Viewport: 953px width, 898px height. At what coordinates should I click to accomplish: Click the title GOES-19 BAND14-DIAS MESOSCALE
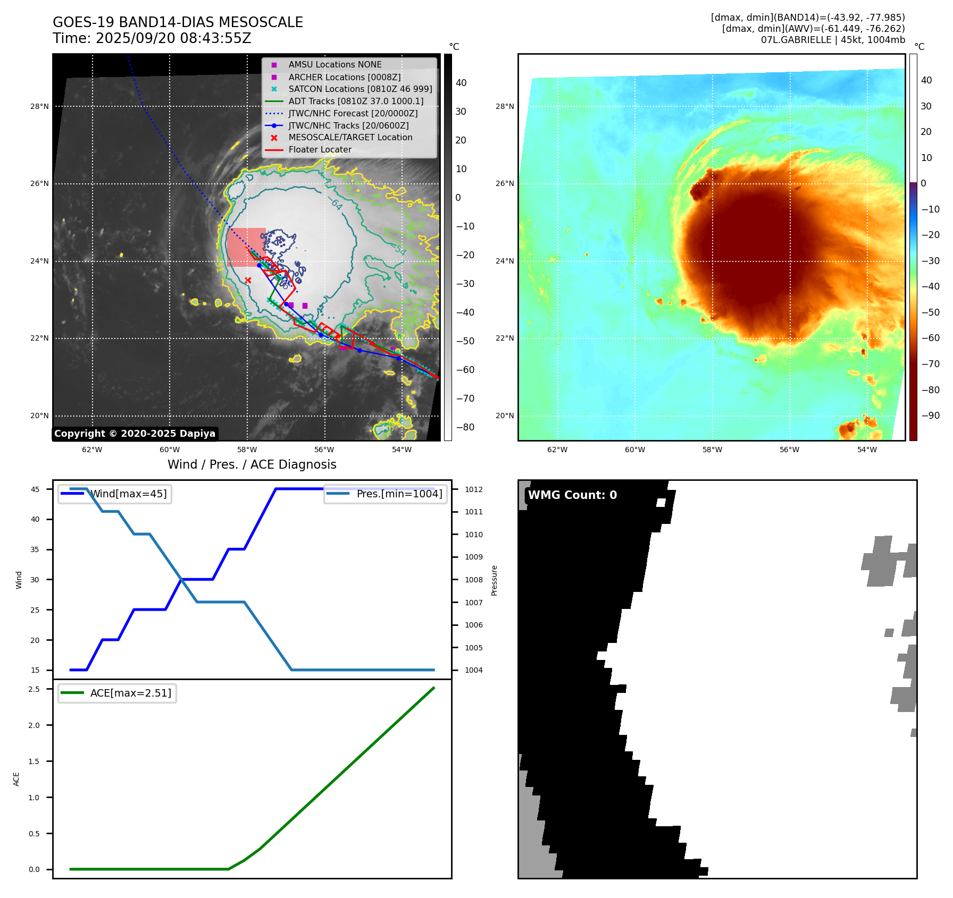coord(178,22)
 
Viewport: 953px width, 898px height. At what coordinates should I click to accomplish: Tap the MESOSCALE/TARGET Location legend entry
coord(350,137)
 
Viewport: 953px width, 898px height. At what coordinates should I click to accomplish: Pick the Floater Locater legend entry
coord(320,149)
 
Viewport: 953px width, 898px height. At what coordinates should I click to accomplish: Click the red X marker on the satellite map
coord(248,280)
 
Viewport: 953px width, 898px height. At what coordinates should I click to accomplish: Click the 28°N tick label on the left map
coord(39,106)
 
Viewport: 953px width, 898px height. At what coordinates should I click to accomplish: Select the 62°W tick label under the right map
coord(557,450)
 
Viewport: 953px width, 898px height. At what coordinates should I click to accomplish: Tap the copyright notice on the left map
coord(135,434)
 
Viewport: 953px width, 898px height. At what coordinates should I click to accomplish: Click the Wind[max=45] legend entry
coord(128,494)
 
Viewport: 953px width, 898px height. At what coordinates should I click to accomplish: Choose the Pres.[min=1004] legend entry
coord(399,494)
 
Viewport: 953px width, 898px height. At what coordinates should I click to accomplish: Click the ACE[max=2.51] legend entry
coord(130,693)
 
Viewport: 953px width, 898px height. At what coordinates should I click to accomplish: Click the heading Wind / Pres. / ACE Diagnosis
coord(252,464)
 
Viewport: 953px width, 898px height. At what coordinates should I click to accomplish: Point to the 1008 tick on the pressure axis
coord(473,580)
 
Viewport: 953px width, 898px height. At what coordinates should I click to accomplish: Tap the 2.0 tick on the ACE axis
coord(34,725)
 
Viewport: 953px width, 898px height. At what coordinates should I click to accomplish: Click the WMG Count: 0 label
coord(572,495)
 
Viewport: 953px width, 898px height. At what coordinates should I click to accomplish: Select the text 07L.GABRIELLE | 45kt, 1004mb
coord(832,40)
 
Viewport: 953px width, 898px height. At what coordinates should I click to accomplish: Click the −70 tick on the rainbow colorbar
coord(930,364)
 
